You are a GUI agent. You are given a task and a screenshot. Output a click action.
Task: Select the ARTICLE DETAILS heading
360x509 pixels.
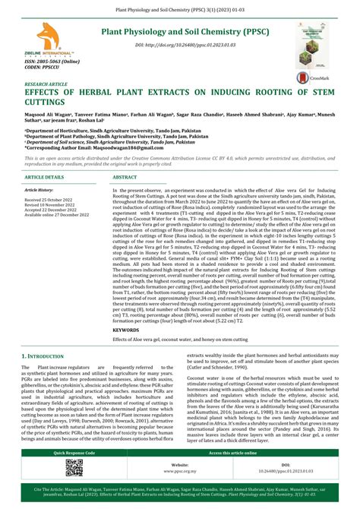click(x=45, y=177)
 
